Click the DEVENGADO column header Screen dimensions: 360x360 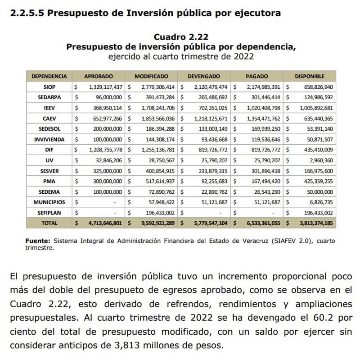[204, 76]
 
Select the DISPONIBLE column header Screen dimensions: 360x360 [309, 76]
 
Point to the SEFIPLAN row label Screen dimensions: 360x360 [47, 213]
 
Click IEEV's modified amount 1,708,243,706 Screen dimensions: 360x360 [154, 108]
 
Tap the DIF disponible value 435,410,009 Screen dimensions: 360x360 [315, 150]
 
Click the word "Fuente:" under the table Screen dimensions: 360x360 [37, 241]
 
